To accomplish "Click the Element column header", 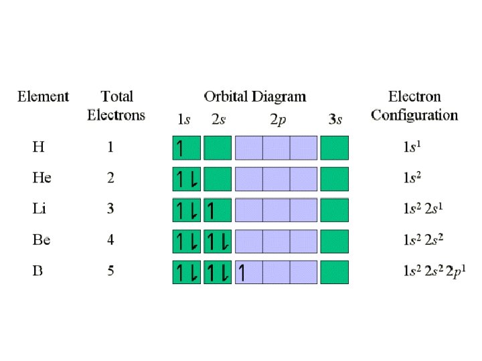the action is pos(43,97).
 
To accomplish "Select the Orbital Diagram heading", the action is pos(254,97).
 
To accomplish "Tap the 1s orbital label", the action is pos(183,120).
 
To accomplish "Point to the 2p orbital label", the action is pos(276,120).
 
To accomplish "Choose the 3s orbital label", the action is pos(335,120).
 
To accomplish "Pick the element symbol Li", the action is pos(39,209).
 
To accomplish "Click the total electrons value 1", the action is pos(110,147).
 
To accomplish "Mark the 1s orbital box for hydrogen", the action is pos(186,147).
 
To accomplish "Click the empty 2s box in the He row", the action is pos(217,178).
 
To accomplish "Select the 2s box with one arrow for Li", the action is pos(217,210).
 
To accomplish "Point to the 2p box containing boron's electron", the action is pos(248,273).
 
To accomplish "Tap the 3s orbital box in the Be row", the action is pos(335,241).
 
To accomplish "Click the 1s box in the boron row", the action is pos(186,273).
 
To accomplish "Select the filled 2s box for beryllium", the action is pos(217,241).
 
